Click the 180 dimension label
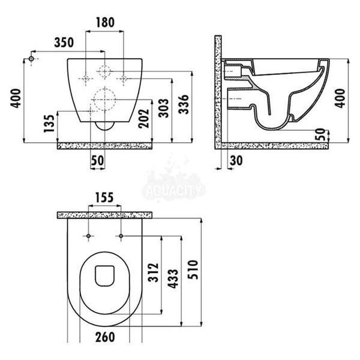105,22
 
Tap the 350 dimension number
64,43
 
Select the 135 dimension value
49,123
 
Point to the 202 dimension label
144,118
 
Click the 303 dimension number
164,108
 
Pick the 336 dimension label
184,104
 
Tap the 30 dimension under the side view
236,160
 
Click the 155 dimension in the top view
104,197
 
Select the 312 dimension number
154,272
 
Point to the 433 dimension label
173,278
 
